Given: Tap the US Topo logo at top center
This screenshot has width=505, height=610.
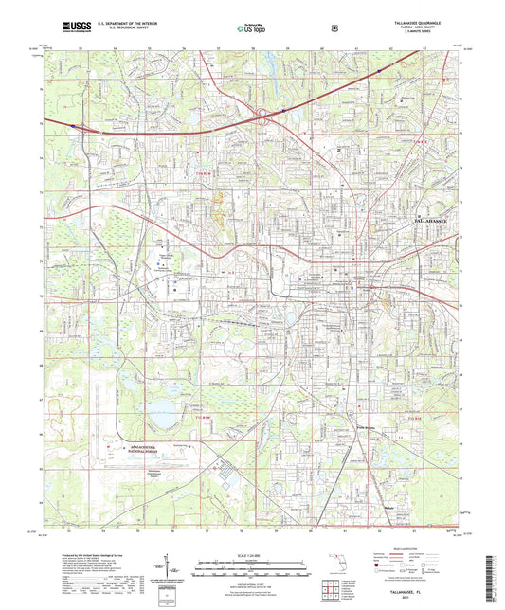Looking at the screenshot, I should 251,28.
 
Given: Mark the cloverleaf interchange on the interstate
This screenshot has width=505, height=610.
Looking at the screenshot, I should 262,116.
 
